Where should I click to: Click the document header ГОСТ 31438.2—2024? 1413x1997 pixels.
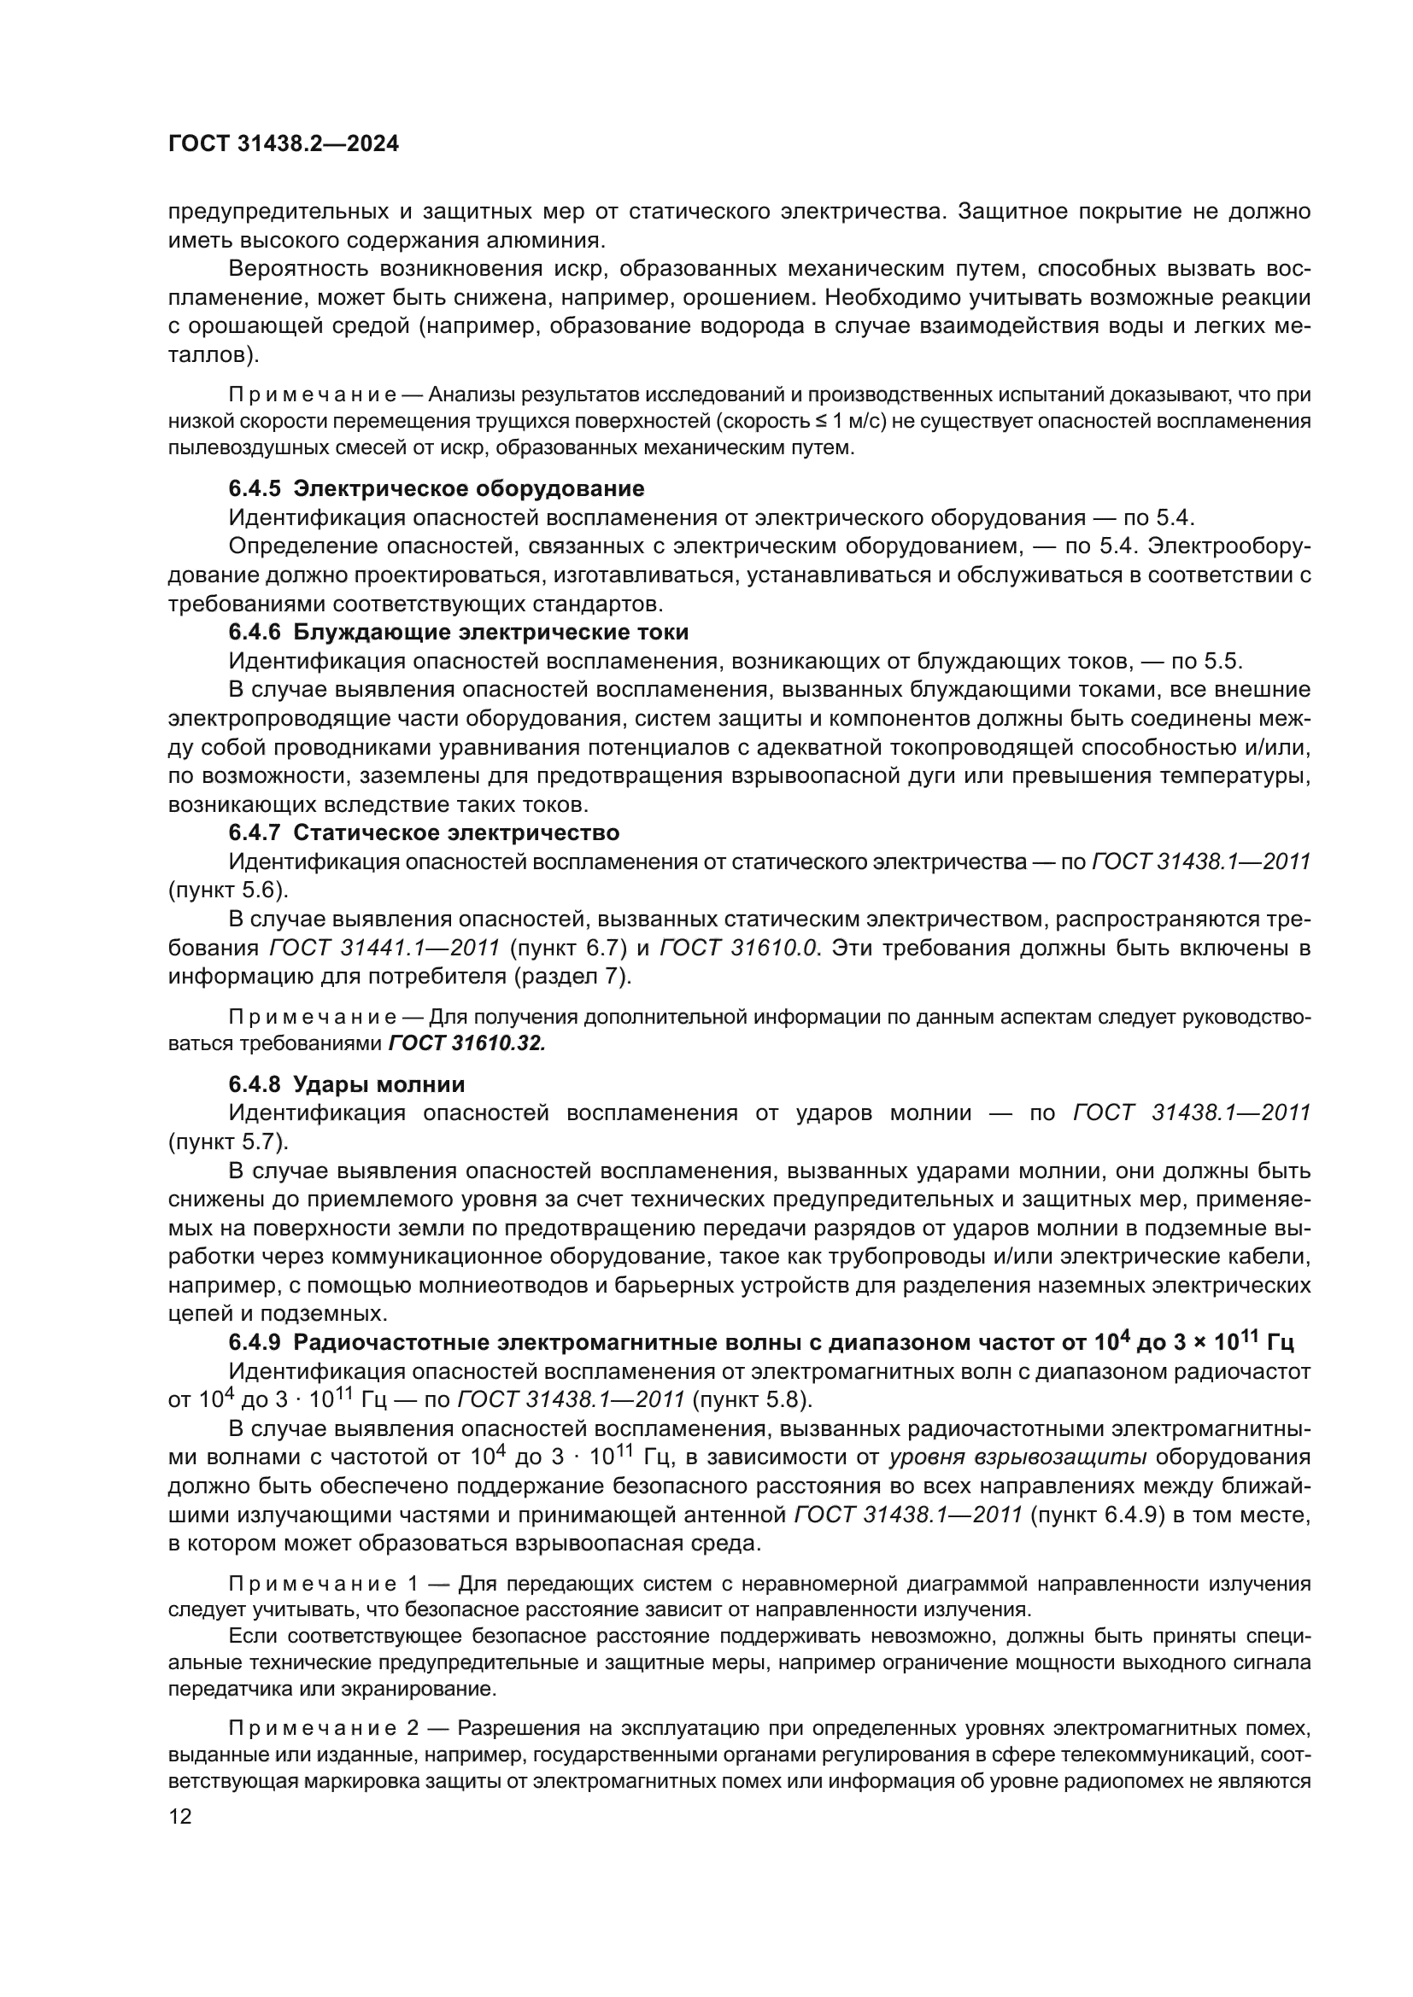pyautogui.click(x=284, y=144)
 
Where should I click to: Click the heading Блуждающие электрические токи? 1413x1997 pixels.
pyautogui.click(x=490, y=632)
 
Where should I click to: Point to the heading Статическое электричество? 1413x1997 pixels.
pyautogui.click(x=456, y=832)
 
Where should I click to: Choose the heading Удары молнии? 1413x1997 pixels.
pyautogui.click(x=378, y=1083)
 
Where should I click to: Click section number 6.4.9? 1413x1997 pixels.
pyautogui.click(x=254, y=1342)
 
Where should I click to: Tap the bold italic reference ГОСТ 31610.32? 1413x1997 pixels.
pyautogui.click(x=466, y=1042)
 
